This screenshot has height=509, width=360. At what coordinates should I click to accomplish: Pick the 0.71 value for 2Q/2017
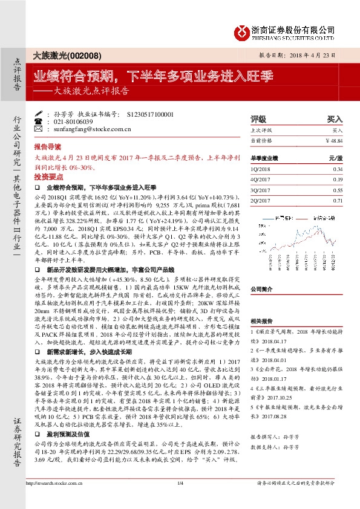point(338,200)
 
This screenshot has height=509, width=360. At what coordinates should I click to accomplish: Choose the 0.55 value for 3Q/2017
point(338,190)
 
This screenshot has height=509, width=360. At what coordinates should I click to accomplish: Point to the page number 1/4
point(180,499)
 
